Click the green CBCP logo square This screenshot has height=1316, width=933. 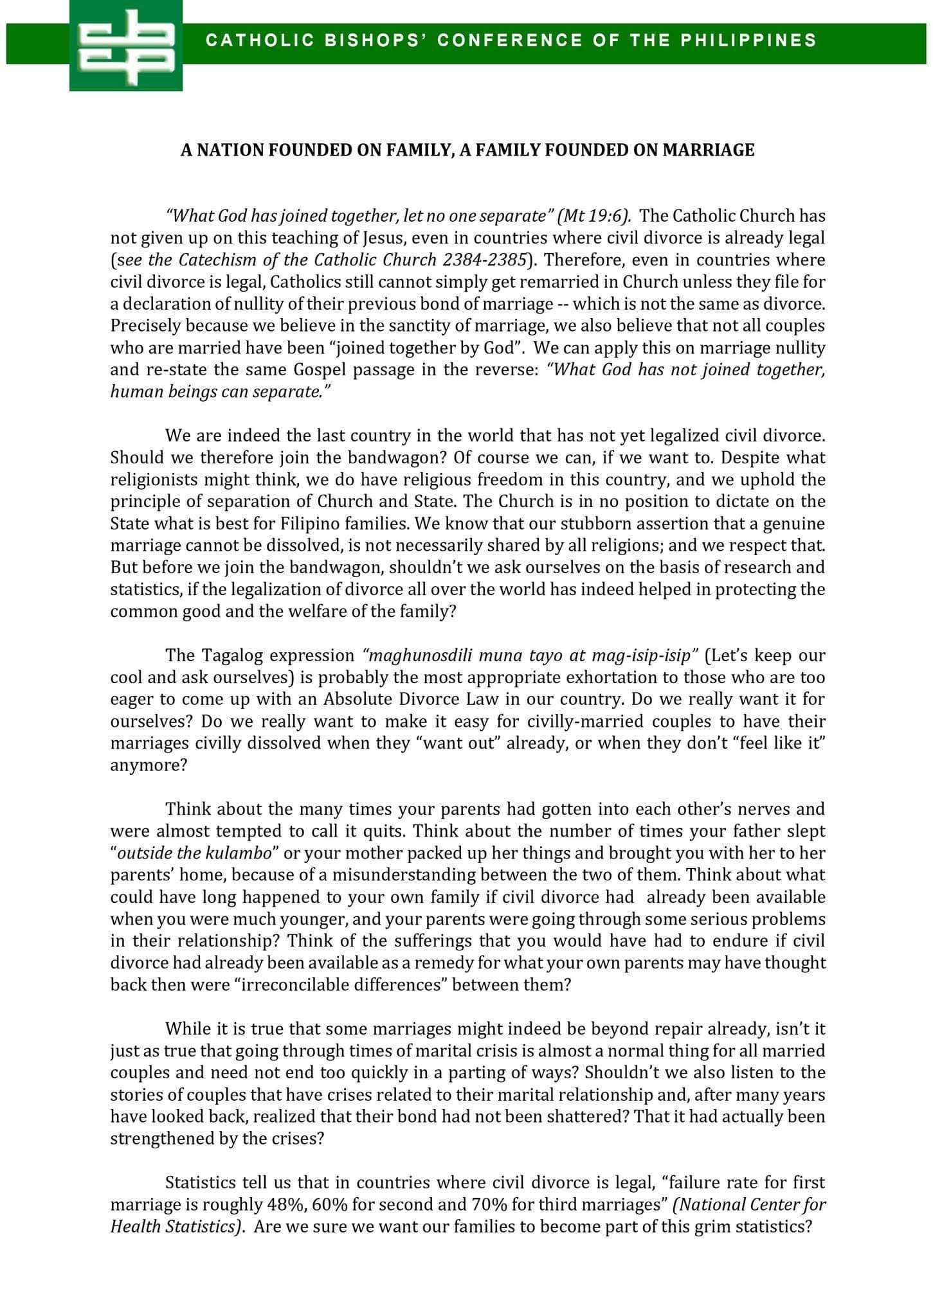(x=126, y=45)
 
